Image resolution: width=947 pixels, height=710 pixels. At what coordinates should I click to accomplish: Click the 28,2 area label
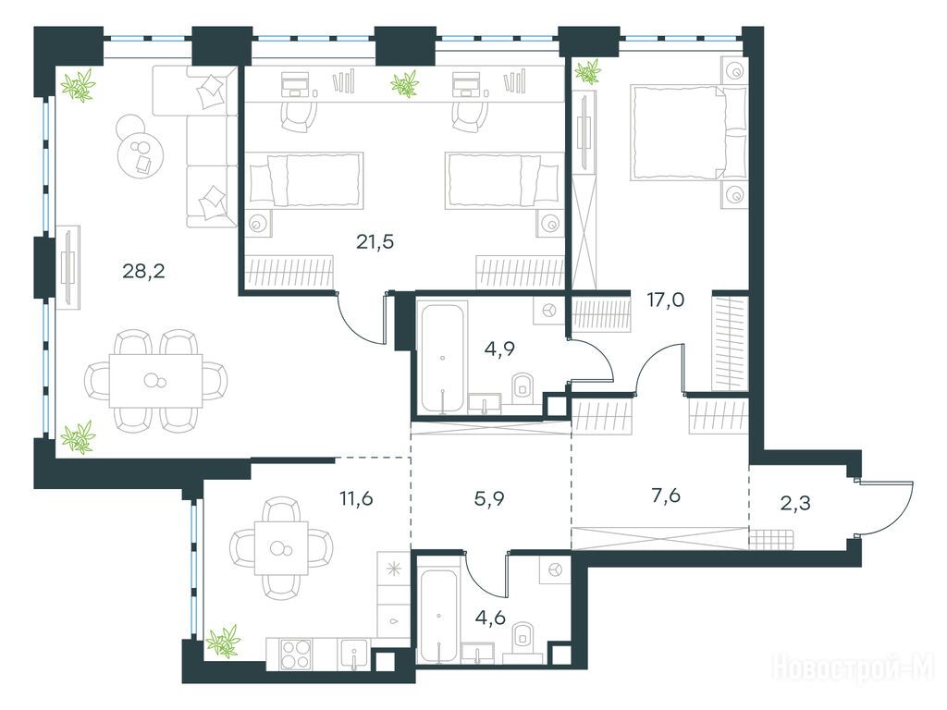pyautogui.click(x=143, y=272)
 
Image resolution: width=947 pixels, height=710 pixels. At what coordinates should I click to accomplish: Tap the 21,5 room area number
pyautogui.click(x=375, y=242)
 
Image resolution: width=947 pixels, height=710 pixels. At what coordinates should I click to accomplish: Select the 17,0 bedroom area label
pyautogui.click(x=666, y=299)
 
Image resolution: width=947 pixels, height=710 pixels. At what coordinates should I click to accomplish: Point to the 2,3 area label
pyautogui.click(x=795, y=502)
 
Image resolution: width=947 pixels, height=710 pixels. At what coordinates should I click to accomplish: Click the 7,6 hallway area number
pyautogui.click(x=666, y=496)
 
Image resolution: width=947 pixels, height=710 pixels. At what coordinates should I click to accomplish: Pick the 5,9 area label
pyautogui.click(x=489, y=498)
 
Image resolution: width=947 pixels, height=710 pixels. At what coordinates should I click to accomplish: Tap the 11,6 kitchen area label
pyautogui.click(x=356, y=498)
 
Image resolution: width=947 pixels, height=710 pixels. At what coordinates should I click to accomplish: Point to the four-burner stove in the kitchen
pyautogui.click(x=297, y=654)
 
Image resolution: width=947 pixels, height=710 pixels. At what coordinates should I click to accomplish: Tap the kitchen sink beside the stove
pyautogui.click(x=354, y=654)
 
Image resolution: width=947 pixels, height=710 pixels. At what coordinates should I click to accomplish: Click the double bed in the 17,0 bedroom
pyautogui.click(x=688, y=132)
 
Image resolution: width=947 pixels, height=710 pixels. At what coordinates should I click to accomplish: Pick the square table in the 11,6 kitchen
pyautogui.click(x=281, y=548)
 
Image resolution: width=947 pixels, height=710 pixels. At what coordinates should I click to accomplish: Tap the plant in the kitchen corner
pyautogui.click(x=223, y=642)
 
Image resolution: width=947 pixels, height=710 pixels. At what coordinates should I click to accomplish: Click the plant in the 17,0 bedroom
pyautogui.click(x=587, y=71)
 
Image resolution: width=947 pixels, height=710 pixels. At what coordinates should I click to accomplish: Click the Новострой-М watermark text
pyautogui.click(x=853, y=668)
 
